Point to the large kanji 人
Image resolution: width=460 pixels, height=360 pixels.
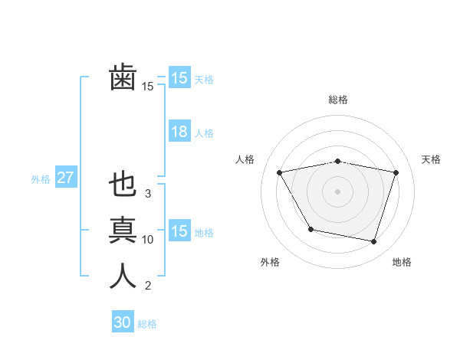click(x=123, y=275)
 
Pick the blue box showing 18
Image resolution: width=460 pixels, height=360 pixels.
click(x=179, y=132)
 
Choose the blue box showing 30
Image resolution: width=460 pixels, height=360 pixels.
click(x=123, y=322)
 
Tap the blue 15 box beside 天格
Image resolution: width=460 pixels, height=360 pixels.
click(x=179, y=77)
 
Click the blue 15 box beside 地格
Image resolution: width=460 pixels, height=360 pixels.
click(x=179, y=231)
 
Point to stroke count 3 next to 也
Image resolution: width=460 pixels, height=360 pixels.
click(x=148, y=194)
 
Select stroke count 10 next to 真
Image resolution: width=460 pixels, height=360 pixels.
click(x=148, y=240)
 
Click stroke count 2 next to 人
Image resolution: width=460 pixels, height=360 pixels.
click(x=148, y=286)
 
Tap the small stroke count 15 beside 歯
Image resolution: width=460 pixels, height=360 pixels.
click(x=148, y=87)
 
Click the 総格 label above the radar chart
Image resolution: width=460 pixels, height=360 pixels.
click(x=338, y=100)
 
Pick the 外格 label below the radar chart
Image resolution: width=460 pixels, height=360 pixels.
click(x=270, y=262)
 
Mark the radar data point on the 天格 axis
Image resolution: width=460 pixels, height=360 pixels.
click(x=396, y=172)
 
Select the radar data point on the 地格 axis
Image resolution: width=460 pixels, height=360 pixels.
click(x=373, y=242)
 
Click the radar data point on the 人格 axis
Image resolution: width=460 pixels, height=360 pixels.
click(x=280, y=172)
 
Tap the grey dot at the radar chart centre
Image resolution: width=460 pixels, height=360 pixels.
click(x=338, y=191)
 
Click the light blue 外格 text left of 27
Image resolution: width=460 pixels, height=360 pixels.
click(x=41, y=179)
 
